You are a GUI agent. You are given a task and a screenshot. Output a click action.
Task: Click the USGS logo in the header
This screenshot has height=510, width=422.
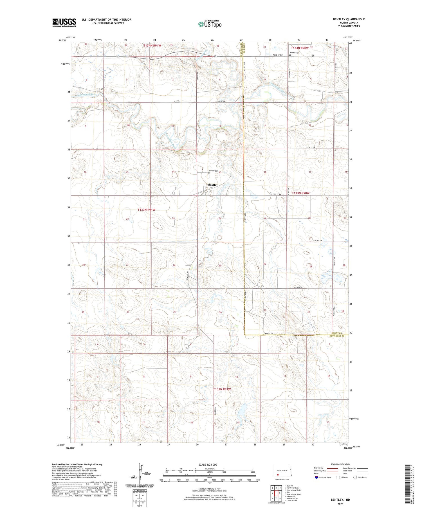click(x=64, y=23)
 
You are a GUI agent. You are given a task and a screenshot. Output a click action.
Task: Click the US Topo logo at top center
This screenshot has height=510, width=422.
click(x=210, y=24)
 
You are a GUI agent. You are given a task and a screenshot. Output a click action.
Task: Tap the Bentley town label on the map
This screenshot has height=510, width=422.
click(x=213, y=185)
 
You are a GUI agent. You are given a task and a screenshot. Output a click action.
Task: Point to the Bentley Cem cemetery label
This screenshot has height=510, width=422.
click(x=214, y=171)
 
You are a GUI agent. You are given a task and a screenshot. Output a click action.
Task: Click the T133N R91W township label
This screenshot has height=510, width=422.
click(x=146, y=210)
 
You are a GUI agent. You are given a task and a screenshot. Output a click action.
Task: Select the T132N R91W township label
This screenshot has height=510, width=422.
click(x=222, y=389)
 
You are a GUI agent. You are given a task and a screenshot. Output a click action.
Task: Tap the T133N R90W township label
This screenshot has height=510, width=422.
click(x=300, y=193)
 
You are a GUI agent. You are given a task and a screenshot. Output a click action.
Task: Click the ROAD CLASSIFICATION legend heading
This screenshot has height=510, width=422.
click(x=340, y=464)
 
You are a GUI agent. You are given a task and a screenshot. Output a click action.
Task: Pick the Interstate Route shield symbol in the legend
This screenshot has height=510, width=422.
click(x=316, y=477)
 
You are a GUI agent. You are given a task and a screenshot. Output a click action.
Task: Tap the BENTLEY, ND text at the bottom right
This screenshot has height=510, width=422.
click(x=340, y=500)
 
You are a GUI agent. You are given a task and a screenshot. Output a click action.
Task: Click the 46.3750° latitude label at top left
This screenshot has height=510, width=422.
click(x=62, y=40)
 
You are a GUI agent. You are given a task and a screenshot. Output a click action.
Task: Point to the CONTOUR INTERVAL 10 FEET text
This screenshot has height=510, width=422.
click(x=209, y=489)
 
